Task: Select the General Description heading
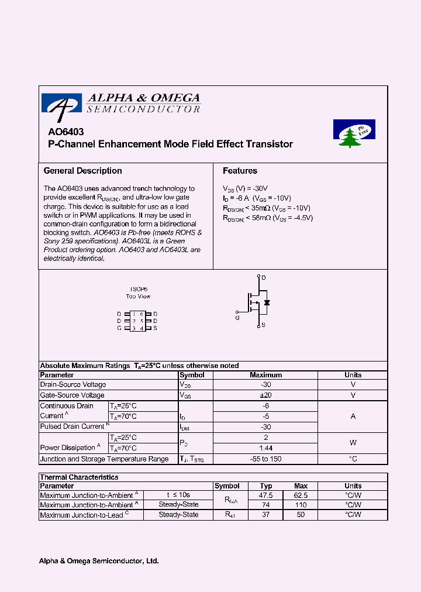point(83,171)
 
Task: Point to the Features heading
point(240,171)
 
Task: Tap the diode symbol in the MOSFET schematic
point(267,303)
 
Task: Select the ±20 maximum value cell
point(265,395)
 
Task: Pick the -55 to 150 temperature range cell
point(265,459)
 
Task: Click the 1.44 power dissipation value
point(265,448)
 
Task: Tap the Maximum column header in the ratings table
point(265,375)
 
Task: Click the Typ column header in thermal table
point(266,486)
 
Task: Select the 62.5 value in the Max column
point(301,495)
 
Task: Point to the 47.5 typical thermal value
point(266,495)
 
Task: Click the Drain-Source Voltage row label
point(73,385)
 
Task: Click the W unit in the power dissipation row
point(353,443)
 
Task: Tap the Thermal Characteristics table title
point(79,477)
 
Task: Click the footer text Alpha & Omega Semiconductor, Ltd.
point(99,561)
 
